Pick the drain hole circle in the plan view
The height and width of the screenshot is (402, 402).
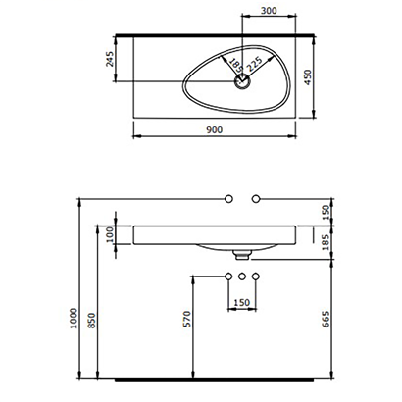[240, 83]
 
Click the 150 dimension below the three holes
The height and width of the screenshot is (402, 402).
[241, 303]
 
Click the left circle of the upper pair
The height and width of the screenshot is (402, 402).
[227, 199]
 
